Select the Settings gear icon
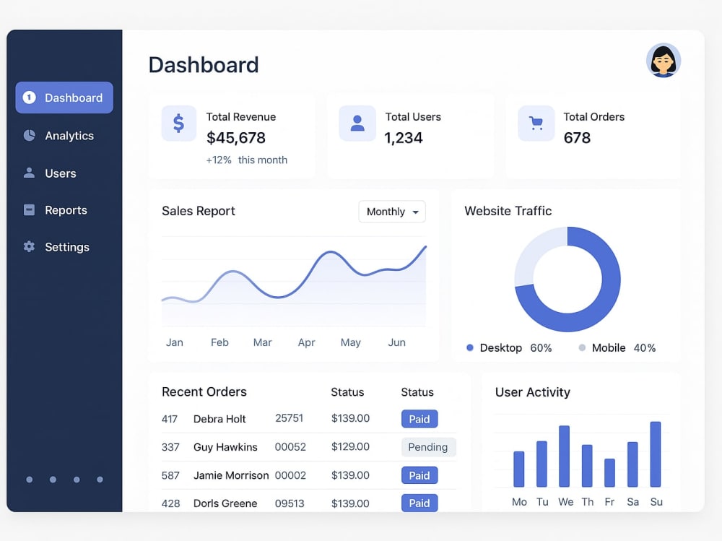click(x=29, y=246)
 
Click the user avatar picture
click(x=664, y=61)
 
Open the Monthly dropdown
click(x=392, y=212)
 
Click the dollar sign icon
click(x=178, y=124)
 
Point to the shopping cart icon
click(x=536, y=123)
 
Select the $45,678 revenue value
click(x=236, y=138)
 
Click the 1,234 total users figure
click(x=404, y=138)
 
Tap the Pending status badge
click(x=428, y=447)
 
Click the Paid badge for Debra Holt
click(x=419, y=419)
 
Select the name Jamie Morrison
click(x=231, y=475)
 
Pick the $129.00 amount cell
click(x=350, y=446)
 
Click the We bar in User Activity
click(x=564, y=456)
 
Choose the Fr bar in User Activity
click(x=609, y=473)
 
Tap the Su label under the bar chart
click(x=656, y=502)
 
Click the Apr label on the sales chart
click(x=306, y=342)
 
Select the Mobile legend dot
click(x=582, y=347)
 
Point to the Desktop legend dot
click(x=470, y=347)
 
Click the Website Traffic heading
click(x=508, y=211)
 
